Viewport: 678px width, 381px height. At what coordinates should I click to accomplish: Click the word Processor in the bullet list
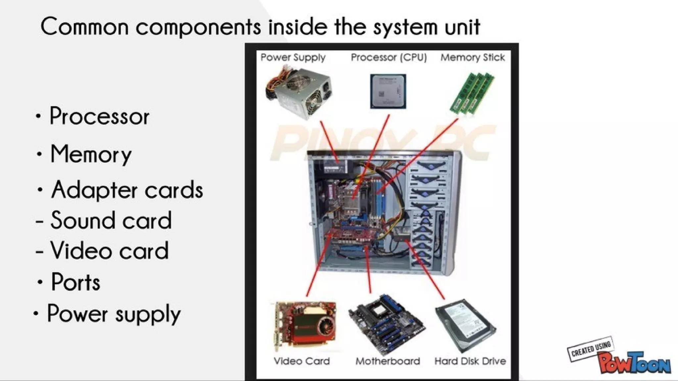pos(99,117)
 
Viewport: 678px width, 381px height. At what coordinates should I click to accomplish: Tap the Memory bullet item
pos(91,155)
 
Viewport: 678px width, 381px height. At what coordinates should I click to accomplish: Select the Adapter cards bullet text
pos(127,190)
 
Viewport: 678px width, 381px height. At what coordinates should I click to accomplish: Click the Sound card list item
pos(111,220)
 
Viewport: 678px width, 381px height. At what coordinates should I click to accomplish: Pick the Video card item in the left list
pos(109,251)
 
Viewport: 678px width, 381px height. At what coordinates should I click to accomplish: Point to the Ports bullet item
pos(75,282)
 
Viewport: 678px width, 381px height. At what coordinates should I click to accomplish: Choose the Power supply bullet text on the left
pos(114,313)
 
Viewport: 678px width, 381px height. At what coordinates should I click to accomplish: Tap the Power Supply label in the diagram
pos(293,58)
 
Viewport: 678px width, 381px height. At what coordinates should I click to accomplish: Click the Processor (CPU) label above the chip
pos(389,58)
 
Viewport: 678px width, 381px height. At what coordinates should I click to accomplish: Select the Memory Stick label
pos(472,58)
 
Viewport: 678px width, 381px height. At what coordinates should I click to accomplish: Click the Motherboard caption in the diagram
pos(388,361)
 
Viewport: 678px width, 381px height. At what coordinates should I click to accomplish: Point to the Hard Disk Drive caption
pos(470,361)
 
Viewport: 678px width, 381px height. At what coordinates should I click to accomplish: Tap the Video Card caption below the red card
pos(302,361)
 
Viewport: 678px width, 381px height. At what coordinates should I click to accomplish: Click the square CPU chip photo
pos(388,91)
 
